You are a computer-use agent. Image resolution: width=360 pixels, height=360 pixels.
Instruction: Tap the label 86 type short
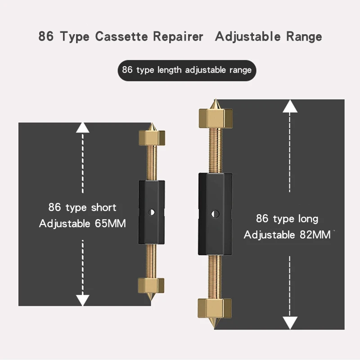click(82, 207)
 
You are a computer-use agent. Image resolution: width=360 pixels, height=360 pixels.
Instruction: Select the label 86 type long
click(287, 219)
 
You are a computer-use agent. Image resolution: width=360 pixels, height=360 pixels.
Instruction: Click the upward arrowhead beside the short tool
click(82, 127)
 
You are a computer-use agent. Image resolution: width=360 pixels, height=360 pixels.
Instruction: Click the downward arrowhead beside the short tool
click(82, 300)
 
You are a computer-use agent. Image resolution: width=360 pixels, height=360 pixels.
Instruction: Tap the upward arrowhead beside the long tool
click(290, 106)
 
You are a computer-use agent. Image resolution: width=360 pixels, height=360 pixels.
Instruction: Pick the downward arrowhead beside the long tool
click(290, 322)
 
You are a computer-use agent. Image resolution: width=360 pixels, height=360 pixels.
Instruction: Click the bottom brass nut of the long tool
click(215, 308)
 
